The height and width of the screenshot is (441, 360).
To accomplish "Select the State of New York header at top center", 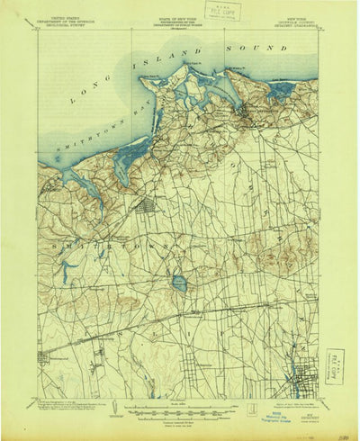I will point(180,19).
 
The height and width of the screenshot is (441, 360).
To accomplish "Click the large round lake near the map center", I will point(179,283).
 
